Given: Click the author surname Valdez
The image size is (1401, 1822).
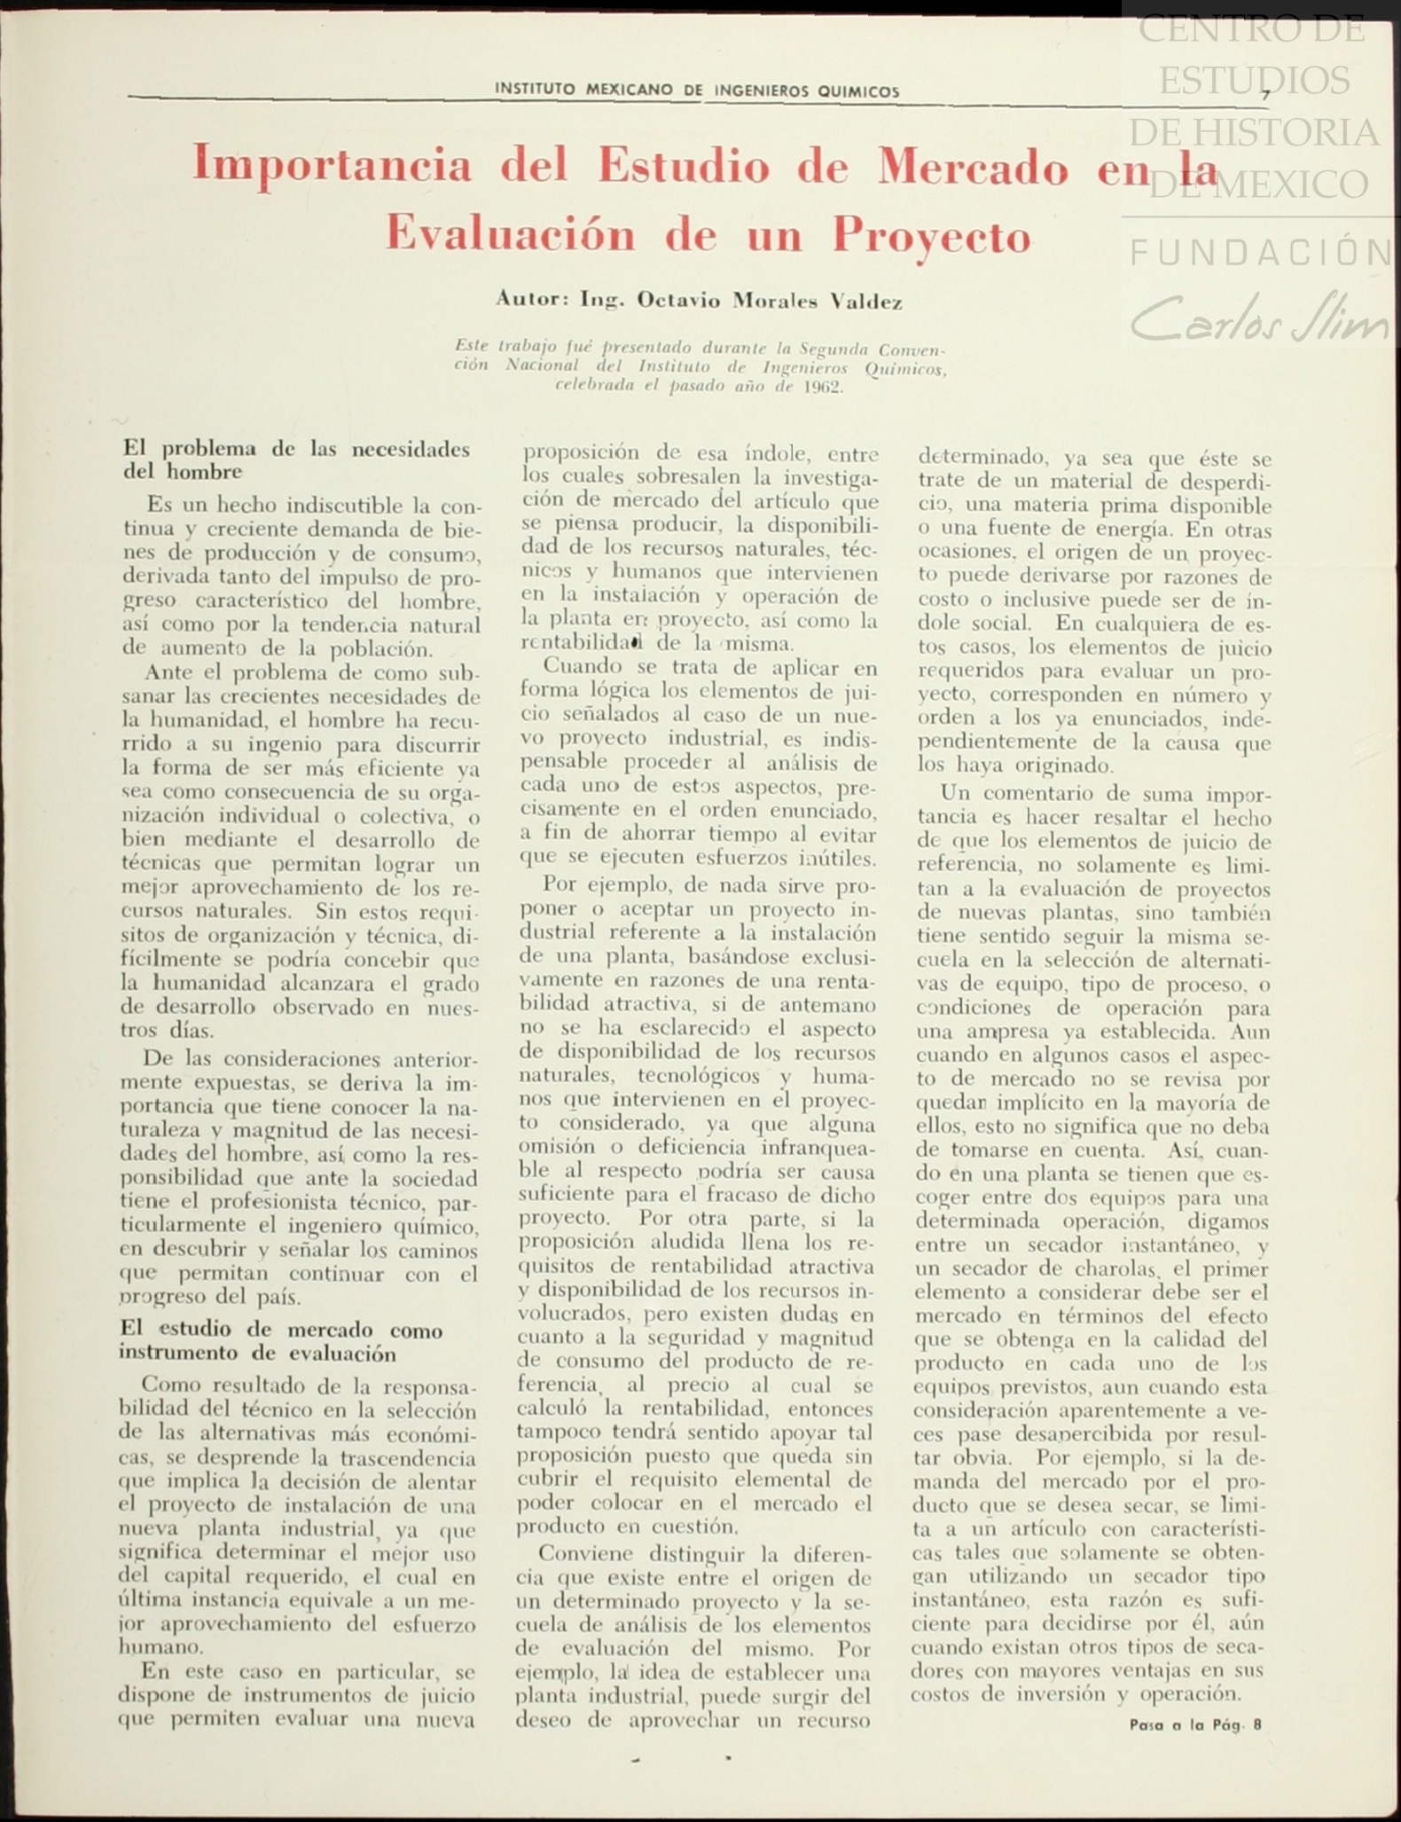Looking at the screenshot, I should pyautogui.click(x=865, y=302).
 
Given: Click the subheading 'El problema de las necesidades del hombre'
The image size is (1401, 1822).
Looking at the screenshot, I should pyautogui.click(x=295, y=459).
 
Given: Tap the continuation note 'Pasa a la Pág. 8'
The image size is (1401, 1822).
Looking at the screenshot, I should pyautogui.click(x=1195, y=1725).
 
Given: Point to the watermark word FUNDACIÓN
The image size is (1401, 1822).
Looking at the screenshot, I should pyautogui.click(x=1261, y=254).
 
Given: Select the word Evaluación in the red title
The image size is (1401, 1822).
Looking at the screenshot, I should pyautogui.click(x=510, y=235).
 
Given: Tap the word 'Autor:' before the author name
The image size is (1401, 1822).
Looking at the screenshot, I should pyautogui.click(x=532, y=299).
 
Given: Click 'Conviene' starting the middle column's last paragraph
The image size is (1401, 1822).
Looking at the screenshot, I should pyautogui.click(x=585, y=1554).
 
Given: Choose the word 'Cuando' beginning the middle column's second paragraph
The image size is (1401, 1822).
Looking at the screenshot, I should pyautogui.click(x=578, y=667).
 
